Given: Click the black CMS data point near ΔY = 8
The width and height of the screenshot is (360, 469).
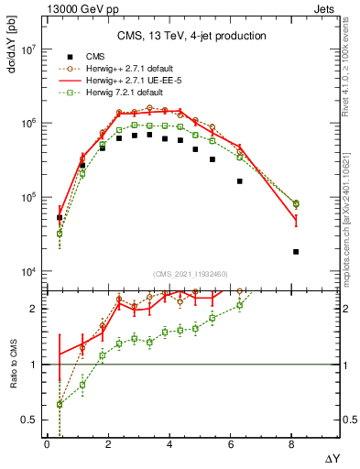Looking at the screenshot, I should pyautogui.click(x=295, y=251).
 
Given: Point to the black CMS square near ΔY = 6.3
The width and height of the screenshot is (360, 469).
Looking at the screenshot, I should pyautogui.click(x=240, y=181).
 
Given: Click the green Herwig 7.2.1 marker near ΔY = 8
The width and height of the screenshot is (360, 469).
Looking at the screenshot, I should pyautogui.click(x=295, y=204).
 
